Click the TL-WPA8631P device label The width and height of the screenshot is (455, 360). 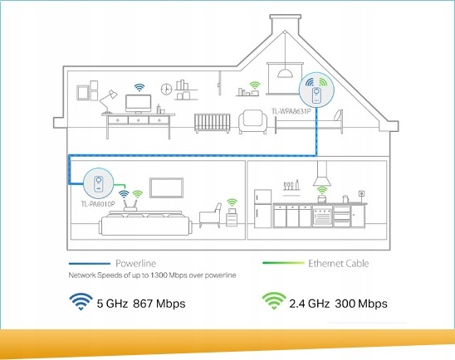point(291,111)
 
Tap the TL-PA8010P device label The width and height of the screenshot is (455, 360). point(98,204)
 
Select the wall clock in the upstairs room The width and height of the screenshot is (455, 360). point(166,89)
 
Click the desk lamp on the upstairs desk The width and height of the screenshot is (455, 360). point(108,101)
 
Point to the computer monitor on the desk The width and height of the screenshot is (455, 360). point(138,104)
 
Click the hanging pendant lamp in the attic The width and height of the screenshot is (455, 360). point(285,73)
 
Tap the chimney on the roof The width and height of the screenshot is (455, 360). point(284,24)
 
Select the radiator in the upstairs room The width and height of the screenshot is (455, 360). point(212,124)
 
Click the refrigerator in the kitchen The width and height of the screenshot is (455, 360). point(262,208)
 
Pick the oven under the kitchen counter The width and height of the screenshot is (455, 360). point(322,216)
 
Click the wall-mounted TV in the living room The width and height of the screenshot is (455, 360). point(166,187)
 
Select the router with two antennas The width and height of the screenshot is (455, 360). point(130,205)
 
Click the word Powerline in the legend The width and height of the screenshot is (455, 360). point(136,263)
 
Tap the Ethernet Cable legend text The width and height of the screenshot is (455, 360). point(339,263)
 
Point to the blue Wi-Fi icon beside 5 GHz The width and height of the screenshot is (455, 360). point(81,301)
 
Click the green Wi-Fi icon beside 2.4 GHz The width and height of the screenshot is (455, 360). point(274,301)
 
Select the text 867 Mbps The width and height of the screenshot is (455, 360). point(159,304)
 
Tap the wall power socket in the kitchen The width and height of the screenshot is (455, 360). point(361,193)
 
